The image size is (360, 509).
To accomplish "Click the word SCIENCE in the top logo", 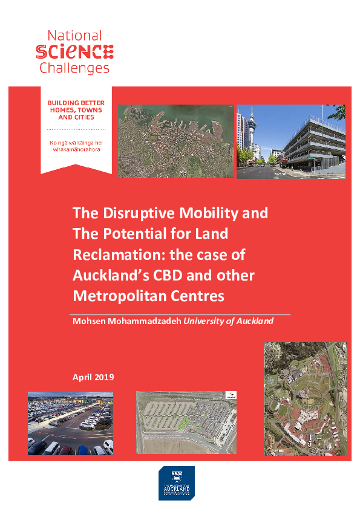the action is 74,51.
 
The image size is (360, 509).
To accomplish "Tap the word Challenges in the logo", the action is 74,67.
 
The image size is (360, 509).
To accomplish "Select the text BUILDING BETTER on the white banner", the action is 76,103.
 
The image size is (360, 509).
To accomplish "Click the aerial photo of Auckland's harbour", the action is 176,141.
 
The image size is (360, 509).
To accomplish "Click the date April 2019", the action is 93,377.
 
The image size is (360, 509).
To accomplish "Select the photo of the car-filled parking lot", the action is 70,423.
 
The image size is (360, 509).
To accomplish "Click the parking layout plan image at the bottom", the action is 186,423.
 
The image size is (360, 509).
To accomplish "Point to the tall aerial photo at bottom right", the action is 305,398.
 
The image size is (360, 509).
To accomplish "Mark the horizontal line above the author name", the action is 180,314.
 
